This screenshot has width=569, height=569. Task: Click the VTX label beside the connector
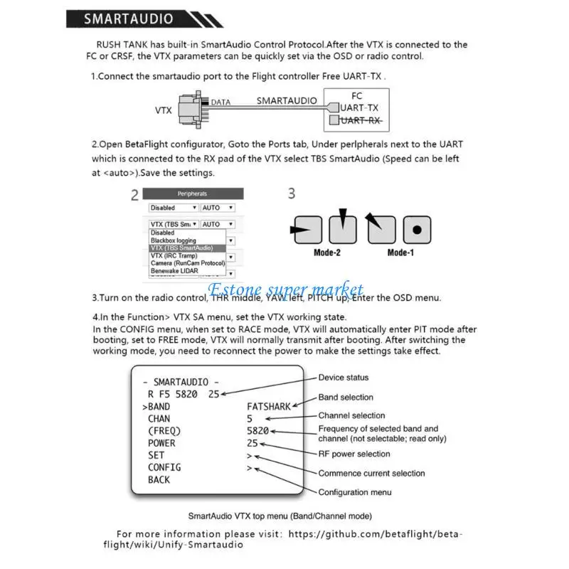(x=164, y=110)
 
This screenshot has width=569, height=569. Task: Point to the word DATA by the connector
(x=220, y=102)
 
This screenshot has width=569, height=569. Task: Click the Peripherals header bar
(x=192, y=193)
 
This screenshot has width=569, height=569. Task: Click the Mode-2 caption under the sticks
(x=328, y=252)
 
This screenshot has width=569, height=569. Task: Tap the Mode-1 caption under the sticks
(x=401, y=252)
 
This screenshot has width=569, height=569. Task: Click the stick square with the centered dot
(x=417, y=230)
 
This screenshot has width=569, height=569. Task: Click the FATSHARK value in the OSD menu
(x=269, y=407)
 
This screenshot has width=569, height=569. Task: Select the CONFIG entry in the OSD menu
(x=164, y=467)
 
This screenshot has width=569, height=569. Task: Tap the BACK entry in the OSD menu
(x=159, y=479)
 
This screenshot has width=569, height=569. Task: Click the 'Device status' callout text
(x=343, y=378)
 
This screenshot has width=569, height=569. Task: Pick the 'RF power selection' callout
(x=353, y=454)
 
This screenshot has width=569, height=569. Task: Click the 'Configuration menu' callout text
(x=354, y=492)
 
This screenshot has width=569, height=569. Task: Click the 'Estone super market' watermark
(x=284, y=289)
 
